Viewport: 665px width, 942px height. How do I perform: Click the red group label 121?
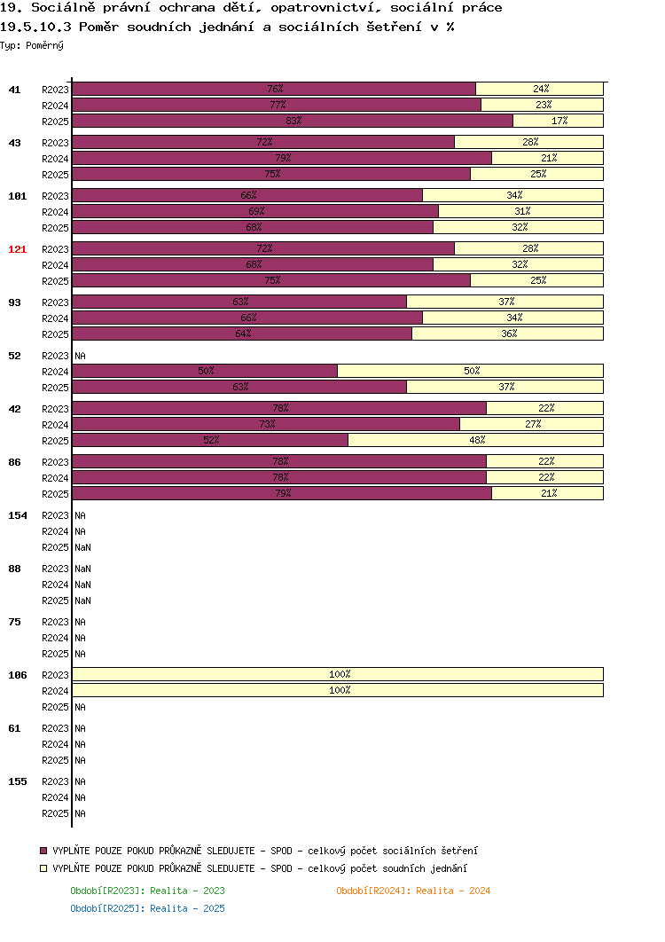tap(18, 249)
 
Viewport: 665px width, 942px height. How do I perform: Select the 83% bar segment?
tap(293, 121)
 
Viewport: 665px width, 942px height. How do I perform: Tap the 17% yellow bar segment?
tap(558, 121)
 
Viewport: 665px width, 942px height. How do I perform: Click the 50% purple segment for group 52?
tap(205, 372)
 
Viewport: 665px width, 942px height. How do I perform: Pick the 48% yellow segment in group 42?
tap(475, 440)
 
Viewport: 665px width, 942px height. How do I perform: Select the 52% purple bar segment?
tap(210, 440)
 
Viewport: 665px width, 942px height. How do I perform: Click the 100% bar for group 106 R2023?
tap(338, 675)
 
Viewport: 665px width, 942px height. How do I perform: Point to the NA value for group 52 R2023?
tap(80, 357)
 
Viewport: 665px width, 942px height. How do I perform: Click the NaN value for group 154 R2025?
tap(82, 548)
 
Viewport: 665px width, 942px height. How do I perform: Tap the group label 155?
tap(18, 781)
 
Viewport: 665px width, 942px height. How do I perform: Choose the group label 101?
tap(18, 196)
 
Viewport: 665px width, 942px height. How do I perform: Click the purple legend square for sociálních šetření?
tap(43, 851)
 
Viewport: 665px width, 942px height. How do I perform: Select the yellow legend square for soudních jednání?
tap(43, 868)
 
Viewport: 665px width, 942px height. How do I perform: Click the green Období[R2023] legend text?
tap(148, 891)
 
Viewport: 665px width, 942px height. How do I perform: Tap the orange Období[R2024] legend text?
tap(413, 891)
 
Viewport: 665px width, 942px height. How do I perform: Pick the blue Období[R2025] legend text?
tap(148, 909)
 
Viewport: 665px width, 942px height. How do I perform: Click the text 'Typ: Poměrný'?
tap(32, 45)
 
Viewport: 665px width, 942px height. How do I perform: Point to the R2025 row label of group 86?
tap(55, 494)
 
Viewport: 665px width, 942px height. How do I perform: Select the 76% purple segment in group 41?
tap(274, 89)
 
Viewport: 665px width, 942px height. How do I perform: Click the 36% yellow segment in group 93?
tap(507, 334)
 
